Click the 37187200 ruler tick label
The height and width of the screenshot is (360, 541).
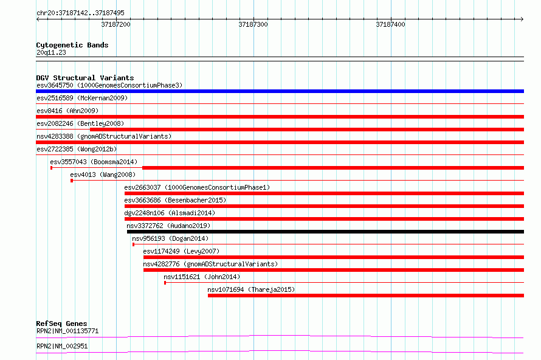point(115,24)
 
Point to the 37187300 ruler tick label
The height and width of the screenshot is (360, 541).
point(253,24)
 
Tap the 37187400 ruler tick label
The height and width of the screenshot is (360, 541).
point(390,24)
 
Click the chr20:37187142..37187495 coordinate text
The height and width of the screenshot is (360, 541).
point(80,13)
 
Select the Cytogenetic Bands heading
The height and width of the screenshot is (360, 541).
point(72,45)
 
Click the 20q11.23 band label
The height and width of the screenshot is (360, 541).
point(51,52)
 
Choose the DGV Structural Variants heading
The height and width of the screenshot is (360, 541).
point(85,78)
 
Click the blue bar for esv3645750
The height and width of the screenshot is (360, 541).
point(280,91)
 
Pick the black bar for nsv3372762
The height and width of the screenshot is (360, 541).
point(325,232)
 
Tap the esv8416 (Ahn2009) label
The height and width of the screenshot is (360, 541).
point(67,111)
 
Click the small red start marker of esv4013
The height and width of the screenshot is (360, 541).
point(72,181)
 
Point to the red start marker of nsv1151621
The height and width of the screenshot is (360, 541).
point(165,283)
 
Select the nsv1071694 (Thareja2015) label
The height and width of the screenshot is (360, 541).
point(251,289)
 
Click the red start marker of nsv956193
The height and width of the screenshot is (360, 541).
point(134,244)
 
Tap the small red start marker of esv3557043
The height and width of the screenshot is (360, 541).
point(52,168)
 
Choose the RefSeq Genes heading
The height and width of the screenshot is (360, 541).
point(61,324)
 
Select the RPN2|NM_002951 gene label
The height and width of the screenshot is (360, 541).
point(62,346)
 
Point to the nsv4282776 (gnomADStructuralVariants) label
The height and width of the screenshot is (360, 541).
point(210,264)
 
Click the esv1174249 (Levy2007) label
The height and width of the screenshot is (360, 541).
point(181,251)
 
